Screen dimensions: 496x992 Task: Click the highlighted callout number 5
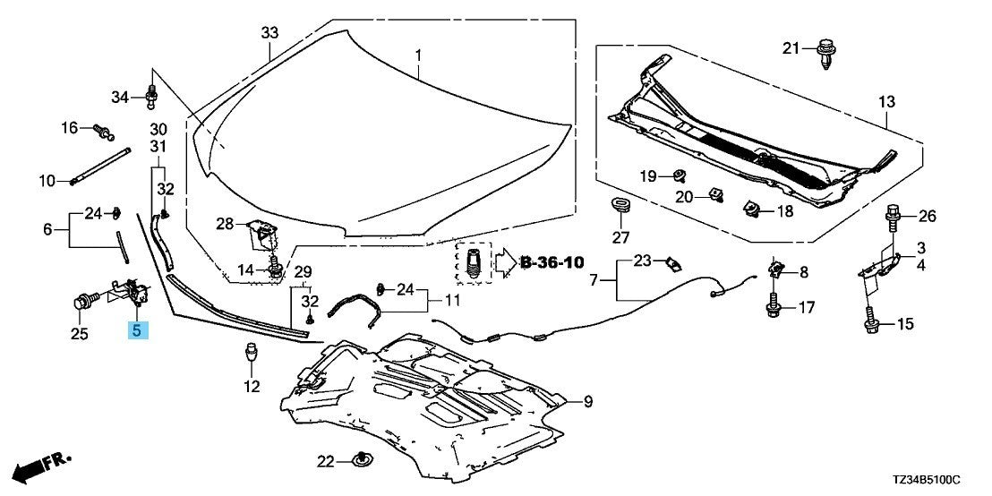coord(136,329)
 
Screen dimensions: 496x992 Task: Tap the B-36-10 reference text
coord(551,262)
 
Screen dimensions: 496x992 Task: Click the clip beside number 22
coord(364,460)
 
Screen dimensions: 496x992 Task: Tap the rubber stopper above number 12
coord(252,356)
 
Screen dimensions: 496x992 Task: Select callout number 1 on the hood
coord(416,56)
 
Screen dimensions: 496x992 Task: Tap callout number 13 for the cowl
coord(885,103)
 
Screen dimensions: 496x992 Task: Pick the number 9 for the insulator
coord(587,403)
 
